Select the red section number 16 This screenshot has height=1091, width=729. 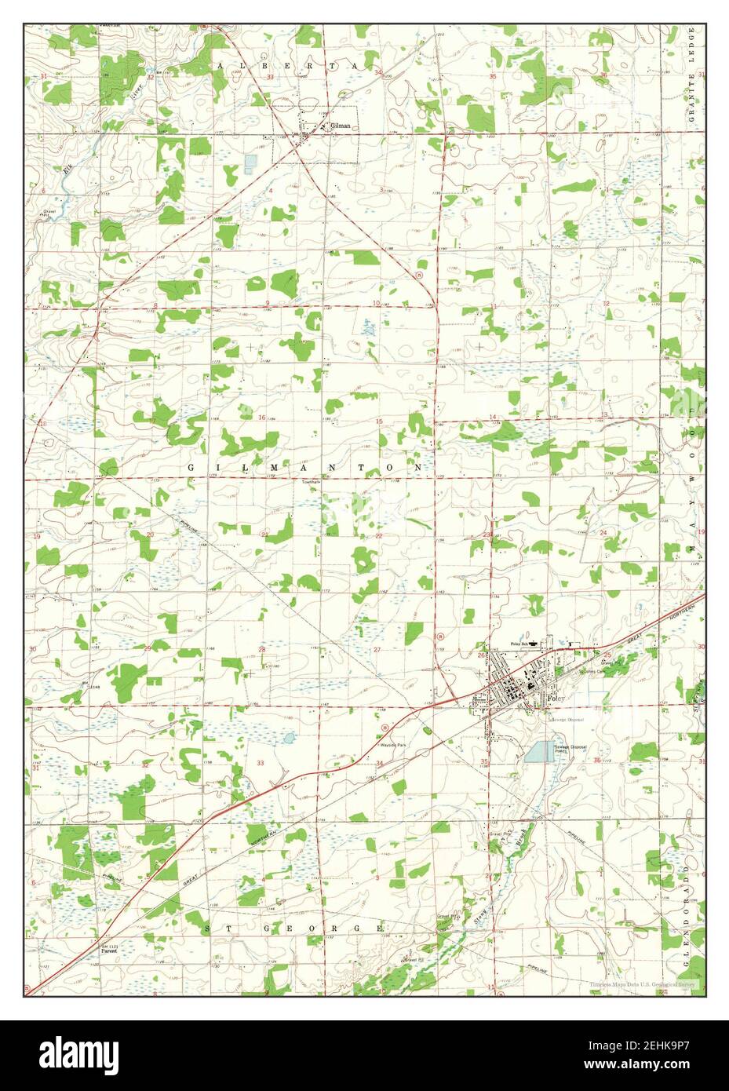point(262,418)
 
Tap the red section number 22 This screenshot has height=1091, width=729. point(378,536)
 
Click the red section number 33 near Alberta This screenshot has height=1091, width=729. point(270,78)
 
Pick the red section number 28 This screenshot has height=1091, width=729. point(263,650)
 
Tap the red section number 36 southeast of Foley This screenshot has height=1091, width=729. point(597,760)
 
